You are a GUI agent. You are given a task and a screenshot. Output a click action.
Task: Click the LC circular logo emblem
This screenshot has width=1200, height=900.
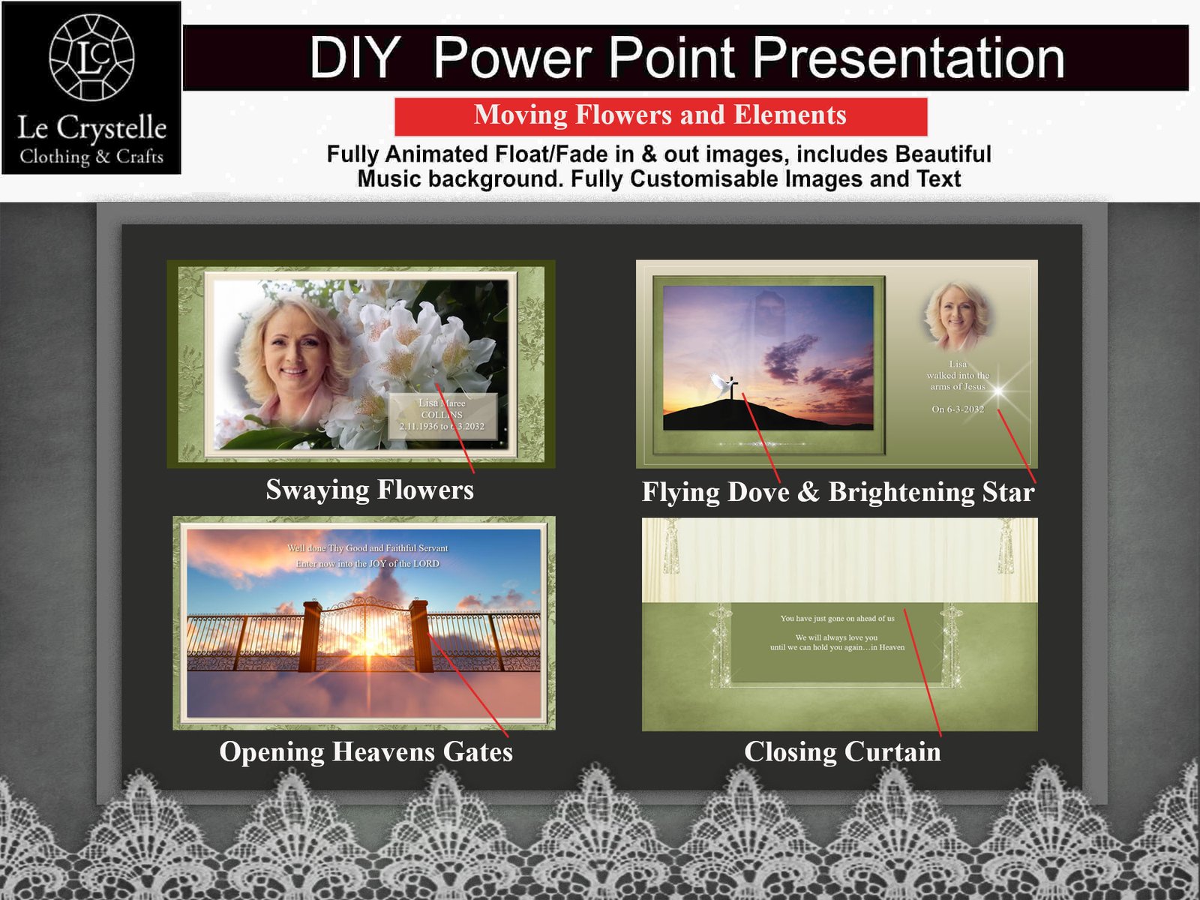pyautogui.click(x=91, y=57)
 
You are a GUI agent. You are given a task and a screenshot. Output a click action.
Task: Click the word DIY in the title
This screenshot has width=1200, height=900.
pyautogui.click(x=354, y=58)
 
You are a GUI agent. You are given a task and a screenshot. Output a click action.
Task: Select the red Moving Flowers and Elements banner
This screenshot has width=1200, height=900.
pyautogui.click(x=660, y=115)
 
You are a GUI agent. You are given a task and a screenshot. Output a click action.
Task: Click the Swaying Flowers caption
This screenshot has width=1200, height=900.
pyautogui.click(x=370, y=490)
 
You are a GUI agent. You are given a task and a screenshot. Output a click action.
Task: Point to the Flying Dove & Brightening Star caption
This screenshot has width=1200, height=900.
pyautogui.click(x=838, y=492)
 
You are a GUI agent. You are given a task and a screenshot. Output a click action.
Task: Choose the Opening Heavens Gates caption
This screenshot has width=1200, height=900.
pyautogui.click(x=366, y=751)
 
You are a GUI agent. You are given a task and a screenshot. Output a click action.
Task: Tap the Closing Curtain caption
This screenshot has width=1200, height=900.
pyautogui.click(x=842, y=751)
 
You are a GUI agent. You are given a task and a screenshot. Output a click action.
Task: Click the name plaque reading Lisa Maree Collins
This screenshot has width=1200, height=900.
pyautogui.click(x=442, y=415)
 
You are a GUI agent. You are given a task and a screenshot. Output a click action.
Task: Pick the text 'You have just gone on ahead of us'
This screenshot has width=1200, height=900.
pyautogui.click(x=837, y=619)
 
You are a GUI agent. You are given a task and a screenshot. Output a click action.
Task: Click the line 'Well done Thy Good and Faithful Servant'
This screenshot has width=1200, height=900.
pyautogui.click(x=367, y=548)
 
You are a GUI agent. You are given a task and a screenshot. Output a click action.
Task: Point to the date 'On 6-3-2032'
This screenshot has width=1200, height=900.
pyautogui.click(x=958, y=409)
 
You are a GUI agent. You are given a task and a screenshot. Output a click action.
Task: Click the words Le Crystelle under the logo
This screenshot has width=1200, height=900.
pyautogui.click(x=91, y=127)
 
